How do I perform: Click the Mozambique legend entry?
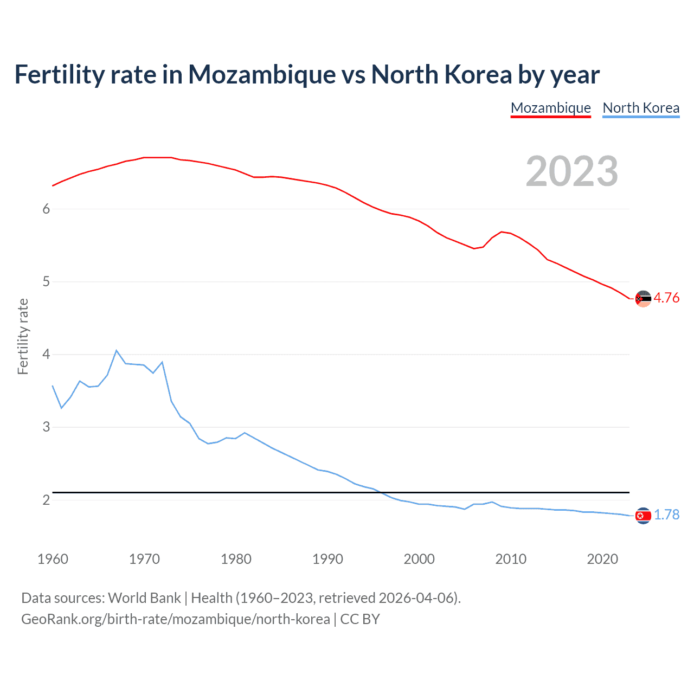pyautogui.click(x=550, y=108)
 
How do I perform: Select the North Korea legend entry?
pyautogui.click(x=641, y=108)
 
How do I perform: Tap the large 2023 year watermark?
pyautogui.click(x=572, y=171)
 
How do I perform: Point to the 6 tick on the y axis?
pyautogui.click(x=46, y=209)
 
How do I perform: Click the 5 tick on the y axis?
pyautogui.click(x=46, y=282)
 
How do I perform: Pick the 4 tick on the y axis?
pyautogui.click(x=46, y=355)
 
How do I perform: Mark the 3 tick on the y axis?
pyautogui.click(x=46, y=427)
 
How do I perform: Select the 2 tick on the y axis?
pyautogui.click(x=46, y=500)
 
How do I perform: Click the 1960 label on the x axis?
pyautogui.click(x=53, y=559)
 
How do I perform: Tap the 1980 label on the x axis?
pyautogui.click(x=236, y=559)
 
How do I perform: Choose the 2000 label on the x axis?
pyautogui.click(x=419, y=559)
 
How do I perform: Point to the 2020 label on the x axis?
pyautogui.click(x=602, y=559)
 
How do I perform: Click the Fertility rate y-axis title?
pyautogui.click(x=23, y=336)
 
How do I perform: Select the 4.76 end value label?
pyautogui.click(x=666, y=298)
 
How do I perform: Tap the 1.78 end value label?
pyautogui.click(x=666, y=515)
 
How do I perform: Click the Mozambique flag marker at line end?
pyautogui.click(x=643, y=299)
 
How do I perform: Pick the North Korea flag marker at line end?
pyautogui.click(x=643, y=516)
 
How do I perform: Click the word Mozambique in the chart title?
pyautogui.click(x=262, y=75)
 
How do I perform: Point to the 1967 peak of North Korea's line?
pyautogui.click(x=117, y=350)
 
